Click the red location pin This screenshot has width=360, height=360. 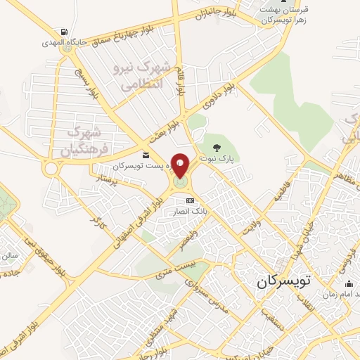(181, 166)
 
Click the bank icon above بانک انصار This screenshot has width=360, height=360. (188, 201)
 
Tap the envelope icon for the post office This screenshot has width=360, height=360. (146, 155)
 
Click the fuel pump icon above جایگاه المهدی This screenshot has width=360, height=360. (65, 32)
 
